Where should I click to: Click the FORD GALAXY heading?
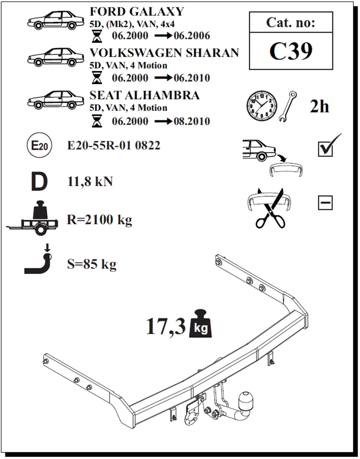(x=136, y=12)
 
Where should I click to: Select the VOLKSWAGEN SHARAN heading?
(x=164, y=53)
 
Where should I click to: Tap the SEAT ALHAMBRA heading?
(x=144, y=95)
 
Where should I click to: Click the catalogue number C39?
(x=291, y=51)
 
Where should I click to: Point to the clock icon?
(x=262, y=106)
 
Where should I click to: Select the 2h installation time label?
(x=319, y=106)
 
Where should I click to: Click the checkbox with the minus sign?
(x=325, y=203)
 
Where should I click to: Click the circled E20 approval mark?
(x=39, y=146)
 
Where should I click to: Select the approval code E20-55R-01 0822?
(x=114, y=146)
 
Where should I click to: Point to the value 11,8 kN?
(x=90, y=182)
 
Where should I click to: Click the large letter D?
(x=39, y=182)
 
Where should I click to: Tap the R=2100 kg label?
(x=99, y=219)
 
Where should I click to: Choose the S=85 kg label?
(x=92, y=264)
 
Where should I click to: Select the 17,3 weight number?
(x=166, y=327)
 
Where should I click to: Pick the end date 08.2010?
(x=192, y=121)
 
